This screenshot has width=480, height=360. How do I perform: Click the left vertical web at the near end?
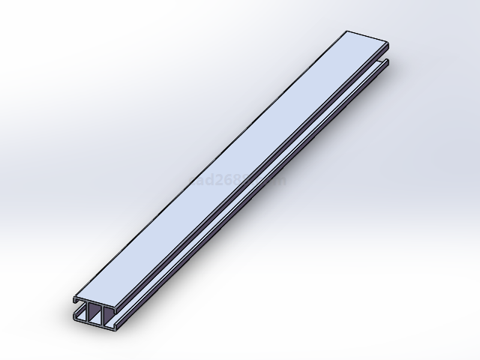click(88, 313)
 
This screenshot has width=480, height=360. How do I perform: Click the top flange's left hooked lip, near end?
click(74, 301)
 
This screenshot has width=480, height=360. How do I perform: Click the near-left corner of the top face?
click(74, 297)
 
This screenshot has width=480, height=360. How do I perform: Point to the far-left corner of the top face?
click(347, 31)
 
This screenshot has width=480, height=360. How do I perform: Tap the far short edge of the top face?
click(367, 35)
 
